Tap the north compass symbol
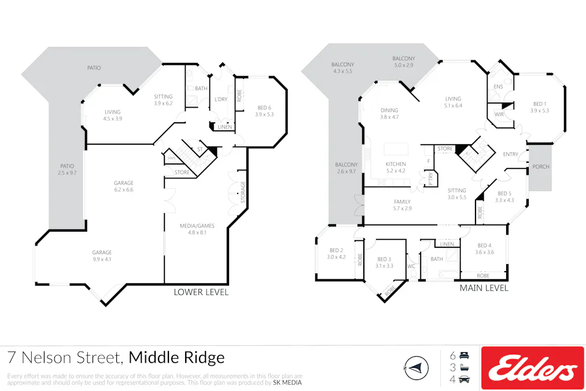coord(415,367)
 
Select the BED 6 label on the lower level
coord(263,111)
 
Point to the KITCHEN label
coord(396,167)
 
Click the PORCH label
coord(541,167)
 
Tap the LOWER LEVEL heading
coord(201,292)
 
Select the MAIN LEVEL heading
coord(484,288)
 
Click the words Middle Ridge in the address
coord(176,358)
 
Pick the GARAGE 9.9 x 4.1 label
coord(102,256)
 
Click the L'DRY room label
coord(220,100)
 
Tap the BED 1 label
coord(539,107)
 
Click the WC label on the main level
coord(411,266)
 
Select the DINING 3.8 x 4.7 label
coord(389,114)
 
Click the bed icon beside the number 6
coord(465,355)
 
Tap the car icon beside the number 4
coord(465,379)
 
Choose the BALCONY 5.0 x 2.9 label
coord(404,62)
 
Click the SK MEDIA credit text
coord(287,382)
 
